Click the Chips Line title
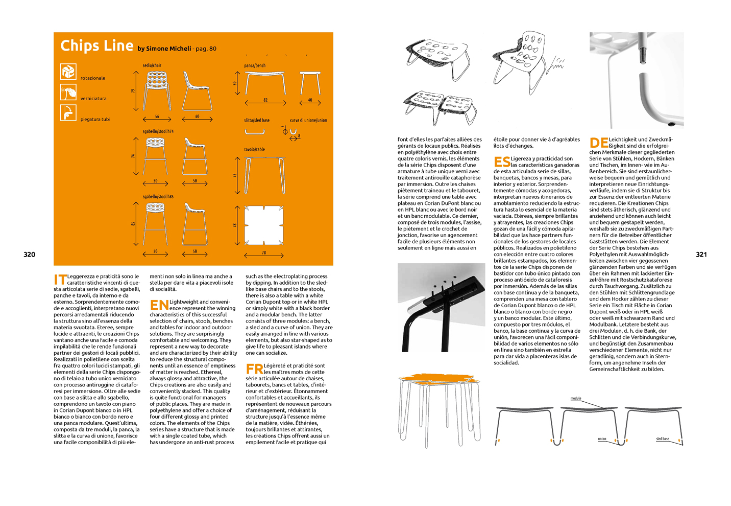coord(96,45)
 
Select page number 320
coord(30,255)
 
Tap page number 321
coord(701,255)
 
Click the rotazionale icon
coord(68,72)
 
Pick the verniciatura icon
coord(68,93)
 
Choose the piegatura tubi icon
coord(68,112)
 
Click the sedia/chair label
coord(152,65)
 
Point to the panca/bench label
coord(255,65)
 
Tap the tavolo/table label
coord(254,149)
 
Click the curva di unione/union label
coord(308,120)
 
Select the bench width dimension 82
coord(265,100)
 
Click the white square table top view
coord(264,225)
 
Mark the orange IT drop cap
coord(60,280)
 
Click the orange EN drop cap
coord(159,305)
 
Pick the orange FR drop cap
coord(254,369)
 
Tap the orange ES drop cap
coord(502,162)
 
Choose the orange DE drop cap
coord(598,143)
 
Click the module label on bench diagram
coord(576,398)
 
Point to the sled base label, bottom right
coord(663,439)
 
